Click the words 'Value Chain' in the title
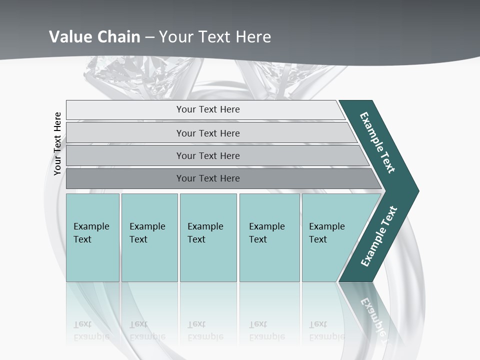[94, 36]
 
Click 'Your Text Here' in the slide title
[215, 36]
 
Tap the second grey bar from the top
[208, 133]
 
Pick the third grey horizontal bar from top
[208, 155]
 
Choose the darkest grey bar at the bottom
[208, 178]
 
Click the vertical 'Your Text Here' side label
[57, 144]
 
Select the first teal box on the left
[92, 237]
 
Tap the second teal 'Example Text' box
[149, 237]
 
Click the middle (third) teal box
[208, 237]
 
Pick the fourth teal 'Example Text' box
[269, 237]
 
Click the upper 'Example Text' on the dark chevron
[377, 142]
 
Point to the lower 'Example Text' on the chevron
[379, 236]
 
